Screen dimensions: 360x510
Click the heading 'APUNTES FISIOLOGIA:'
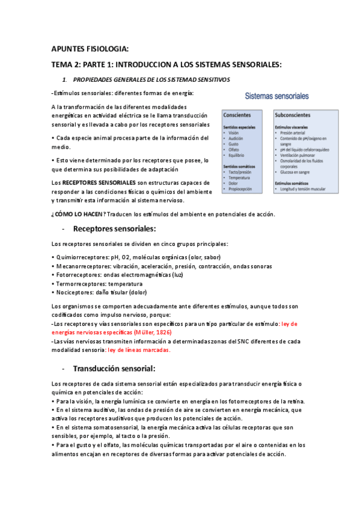pyautogui.click(x=90, y=49)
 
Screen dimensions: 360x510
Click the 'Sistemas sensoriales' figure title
pyautogui.click(x=277, y=96)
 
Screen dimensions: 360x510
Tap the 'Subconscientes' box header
pyautogui.click(x=293, y=114)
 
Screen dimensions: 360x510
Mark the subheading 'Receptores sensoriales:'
pyautogui.click(x=114, y=229)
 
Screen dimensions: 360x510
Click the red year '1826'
pyautogui.click(x=164, y=331)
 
